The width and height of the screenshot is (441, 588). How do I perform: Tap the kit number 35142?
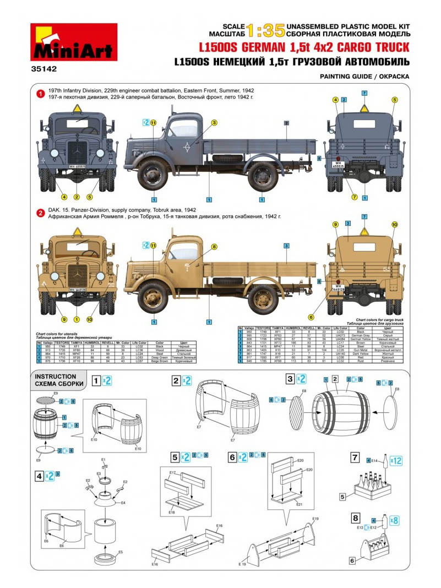tap(45, 70)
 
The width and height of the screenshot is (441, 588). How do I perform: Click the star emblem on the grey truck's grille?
tap(77, 147)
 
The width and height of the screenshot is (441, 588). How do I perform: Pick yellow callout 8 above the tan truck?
tap(214, 247)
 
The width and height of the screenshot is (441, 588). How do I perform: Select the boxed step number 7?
tap(356, 458)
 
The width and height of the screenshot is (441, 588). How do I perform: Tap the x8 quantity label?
tap(394, 520)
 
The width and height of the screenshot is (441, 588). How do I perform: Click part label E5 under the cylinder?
tap(121, 552)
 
